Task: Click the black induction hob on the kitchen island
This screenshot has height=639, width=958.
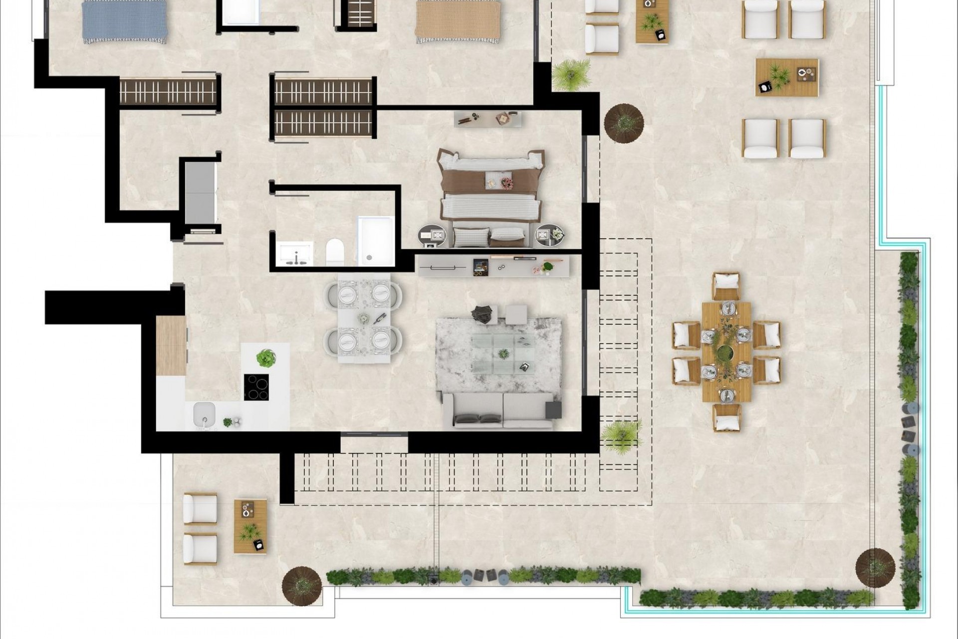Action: (x=256, y=387)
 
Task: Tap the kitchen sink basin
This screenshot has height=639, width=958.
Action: (x=204, y=413)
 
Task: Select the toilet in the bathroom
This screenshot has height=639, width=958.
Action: (x=335, y=251)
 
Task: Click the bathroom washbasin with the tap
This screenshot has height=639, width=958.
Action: (x=294, y=253)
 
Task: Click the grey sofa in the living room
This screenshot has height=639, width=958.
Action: (x=499, y=410)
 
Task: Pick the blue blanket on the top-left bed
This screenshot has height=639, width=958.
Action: (x=125, y=21)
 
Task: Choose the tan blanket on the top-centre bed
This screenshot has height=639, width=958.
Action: (x=458, y=21)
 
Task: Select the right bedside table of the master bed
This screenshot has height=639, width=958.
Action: (x=549, y=235)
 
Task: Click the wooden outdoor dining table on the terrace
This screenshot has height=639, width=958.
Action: (x=726, y=351)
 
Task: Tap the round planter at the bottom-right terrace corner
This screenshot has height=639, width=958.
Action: (x=875, y=568)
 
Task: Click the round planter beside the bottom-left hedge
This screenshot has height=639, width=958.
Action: (x=301, y=586)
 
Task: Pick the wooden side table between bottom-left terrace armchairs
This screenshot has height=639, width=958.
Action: (x=250, y=526)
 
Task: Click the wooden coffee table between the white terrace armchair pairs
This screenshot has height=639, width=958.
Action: (x=786, y=77)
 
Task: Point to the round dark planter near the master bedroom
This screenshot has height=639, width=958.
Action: (x=624, y=122)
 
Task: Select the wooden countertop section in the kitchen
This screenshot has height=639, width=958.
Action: (x=171, y=345)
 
